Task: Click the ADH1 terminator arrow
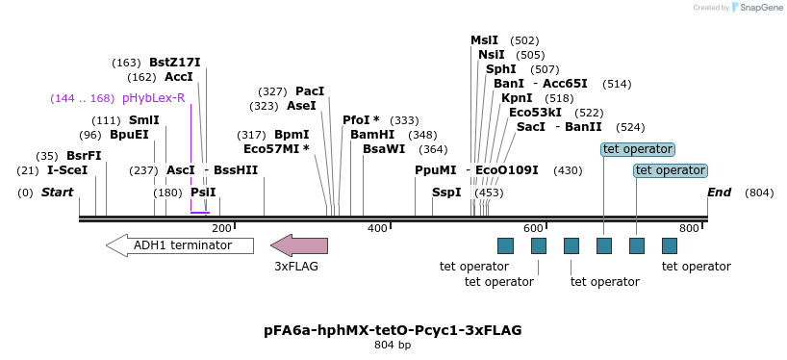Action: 180,245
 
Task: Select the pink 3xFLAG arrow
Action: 299,245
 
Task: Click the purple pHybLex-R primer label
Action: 153,98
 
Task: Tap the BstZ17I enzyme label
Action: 174,63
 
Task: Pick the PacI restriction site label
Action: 310,91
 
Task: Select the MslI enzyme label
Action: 484,40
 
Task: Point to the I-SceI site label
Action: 67,170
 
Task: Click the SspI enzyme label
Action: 446,193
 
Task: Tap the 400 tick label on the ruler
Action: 377,228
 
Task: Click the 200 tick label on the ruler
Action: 221,228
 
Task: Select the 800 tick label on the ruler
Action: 689,228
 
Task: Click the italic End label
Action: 719,193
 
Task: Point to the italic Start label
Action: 57,193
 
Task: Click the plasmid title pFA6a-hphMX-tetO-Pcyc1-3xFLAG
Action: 393,330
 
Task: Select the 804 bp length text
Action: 393,346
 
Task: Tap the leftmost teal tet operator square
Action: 505,245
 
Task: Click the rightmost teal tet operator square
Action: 670,245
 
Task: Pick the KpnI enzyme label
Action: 517,98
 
